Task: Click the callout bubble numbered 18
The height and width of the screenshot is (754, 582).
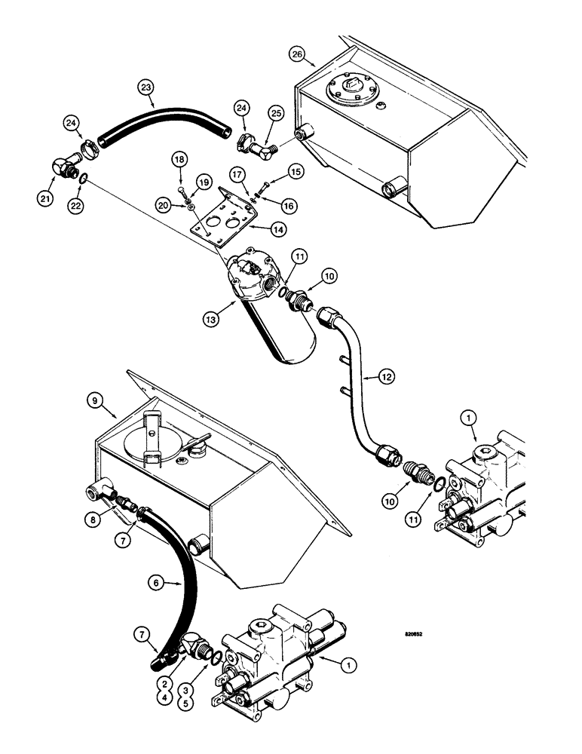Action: [x=179, y=161]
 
